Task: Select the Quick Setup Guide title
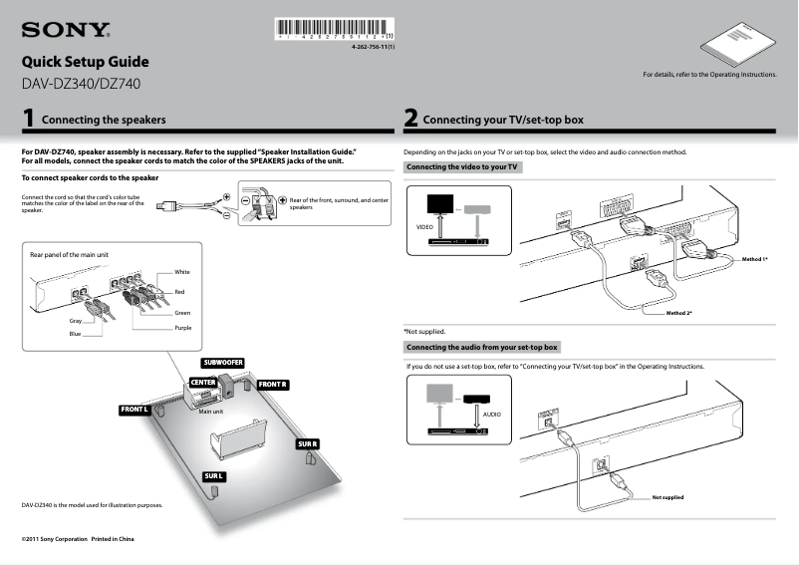point(85,62)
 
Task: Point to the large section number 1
point(30,120)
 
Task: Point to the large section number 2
point(410,120)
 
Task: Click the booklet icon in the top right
point(736,42)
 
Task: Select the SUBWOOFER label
point(223,362)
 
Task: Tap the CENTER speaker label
point(203,383)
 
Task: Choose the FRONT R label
point(272,384)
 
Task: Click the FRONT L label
point(134,410)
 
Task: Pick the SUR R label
point(307,443)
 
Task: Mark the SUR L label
point(214,476)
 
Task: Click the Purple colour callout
point(183,328)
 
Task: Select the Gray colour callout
point(75,321)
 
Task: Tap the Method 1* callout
point(754,259)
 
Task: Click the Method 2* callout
point(678,313)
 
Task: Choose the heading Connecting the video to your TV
point(462,167)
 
